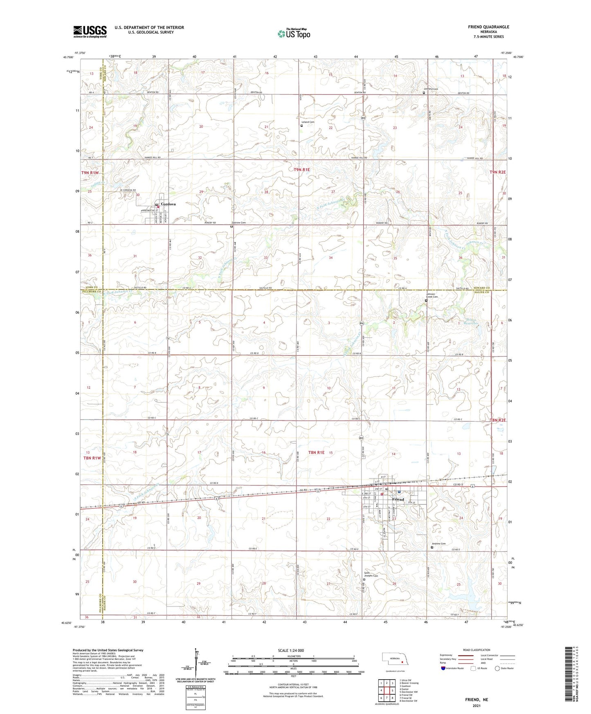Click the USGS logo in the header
(x=90, y=31)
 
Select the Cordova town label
(x=168, y=204)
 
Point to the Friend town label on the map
(x=398, y=499)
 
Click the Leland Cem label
(x=308, y=122)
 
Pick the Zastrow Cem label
(x=238, y=222)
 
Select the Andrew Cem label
(x=438, y=543)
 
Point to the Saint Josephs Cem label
(x=371, y=575)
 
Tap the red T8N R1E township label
(x=316, y=452)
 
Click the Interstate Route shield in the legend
(x=443, y=669)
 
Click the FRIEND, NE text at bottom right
(x=476, y=700)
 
